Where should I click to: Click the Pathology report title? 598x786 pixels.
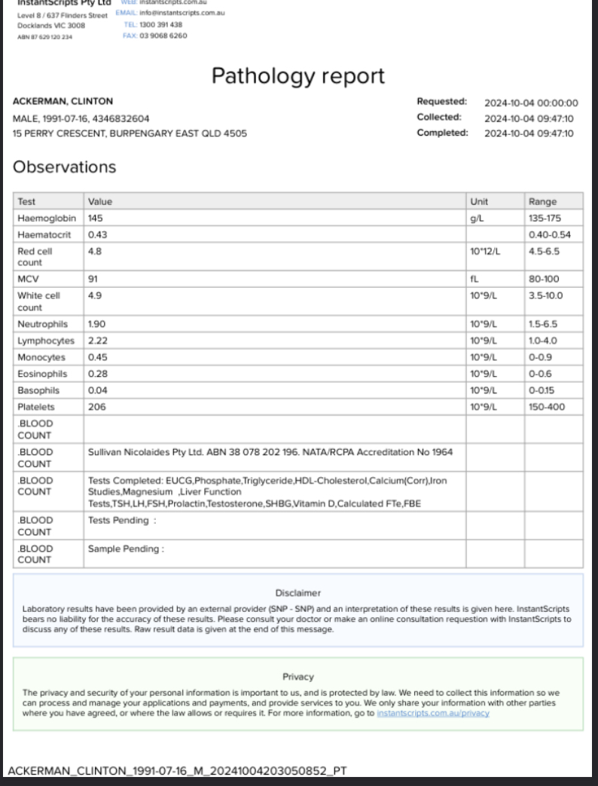click(x=297, y=76)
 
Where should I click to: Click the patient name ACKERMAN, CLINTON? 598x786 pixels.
click(x=63, y=102)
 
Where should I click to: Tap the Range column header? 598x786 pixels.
click(x=542, y=201)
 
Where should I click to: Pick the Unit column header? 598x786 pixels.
click(x=479, y=201)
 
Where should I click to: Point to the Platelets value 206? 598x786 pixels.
click(x=97, y=407)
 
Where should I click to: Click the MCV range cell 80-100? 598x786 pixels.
click(x=545, y=279)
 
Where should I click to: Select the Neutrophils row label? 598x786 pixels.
click(x=42, y=324)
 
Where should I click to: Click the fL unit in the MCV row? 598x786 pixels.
click(x=474, y=279)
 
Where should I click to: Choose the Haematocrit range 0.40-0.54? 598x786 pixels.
click(x=549, y=234)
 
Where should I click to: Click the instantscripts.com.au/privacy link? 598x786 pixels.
click(x=433, y=713)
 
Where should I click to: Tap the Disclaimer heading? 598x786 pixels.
click(x=297, y=593)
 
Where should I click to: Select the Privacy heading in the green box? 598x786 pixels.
click(x=297, y=677)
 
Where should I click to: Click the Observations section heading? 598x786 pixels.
click(x=65, y=167)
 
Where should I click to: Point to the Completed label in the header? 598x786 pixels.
click(x=442, y=133)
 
